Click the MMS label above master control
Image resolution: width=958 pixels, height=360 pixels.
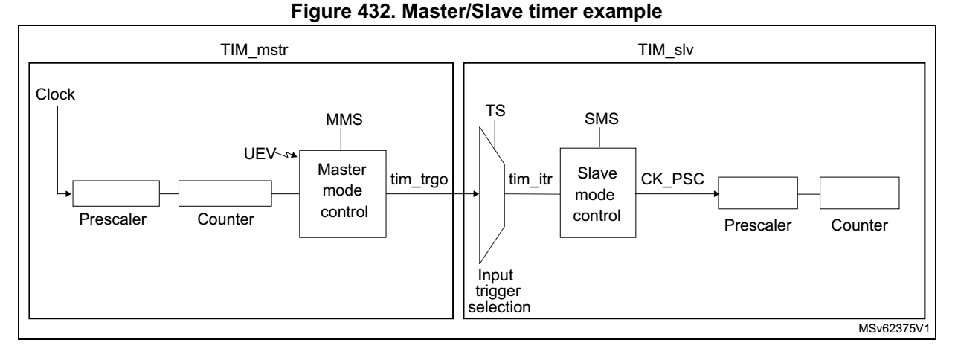tap(343, 120)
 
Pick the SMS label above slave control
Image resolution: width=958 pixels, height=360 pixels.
tap(599, 120)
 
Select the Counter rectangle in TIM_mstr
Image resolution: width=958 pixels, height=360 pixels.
tap(225, 195)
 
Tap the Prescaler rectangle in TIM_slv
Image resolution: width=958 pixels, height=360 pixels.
tap(757, 195)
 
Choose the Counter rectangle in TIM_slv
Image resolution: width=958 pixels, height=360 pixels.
tap(860, 195)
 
